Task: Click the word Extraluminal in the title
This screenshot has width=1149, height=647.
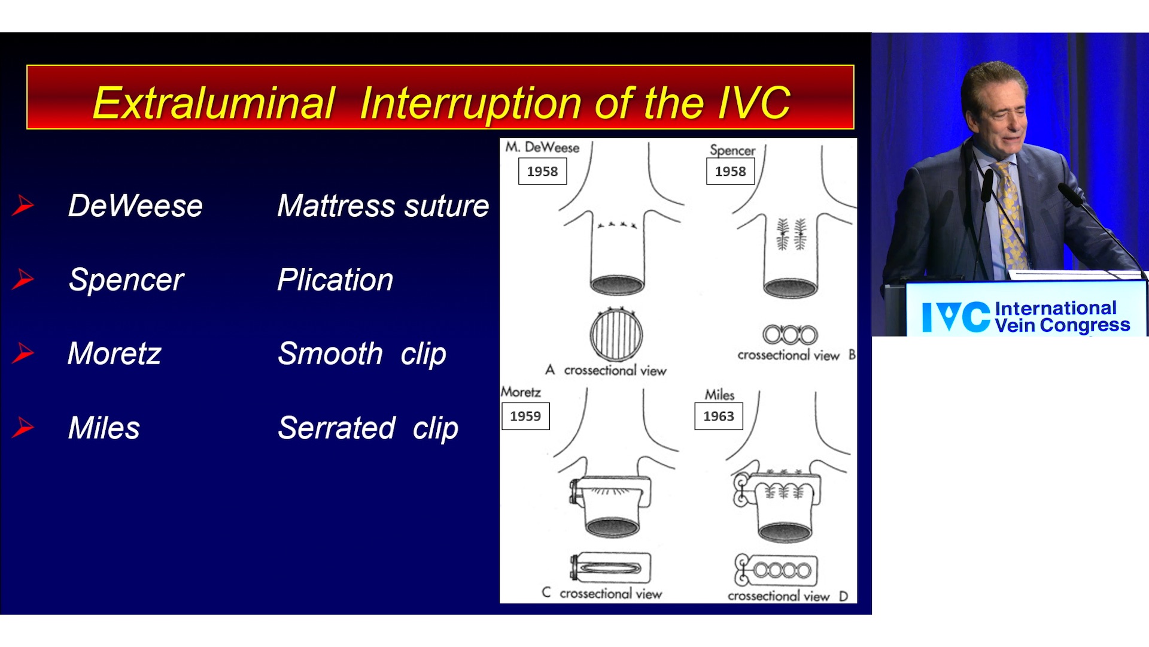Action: pos(214,103)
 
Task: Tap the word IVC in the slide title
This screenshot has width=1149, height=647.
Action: pos(754,103)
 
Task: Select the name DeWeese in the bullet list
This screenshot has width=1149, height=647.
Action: pos(135,206)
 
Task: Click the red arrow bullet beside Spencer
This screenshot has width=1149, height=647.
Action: pos(23,279)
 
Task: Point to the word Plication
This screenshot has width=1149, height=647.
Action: pos(335,280)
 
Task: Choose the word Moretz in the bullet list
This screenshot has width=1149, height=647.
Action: pos(114,353)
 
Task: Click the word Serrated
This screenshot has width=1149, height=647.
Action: pos(336,428)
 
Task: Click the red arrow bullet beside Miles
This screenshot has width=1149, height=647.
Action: pos(23,427)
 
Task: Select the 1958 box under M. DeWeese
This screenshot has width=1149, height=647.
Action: pos(542,171)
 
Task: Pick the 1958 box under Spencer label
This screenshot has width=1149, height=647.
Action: pos(730,171)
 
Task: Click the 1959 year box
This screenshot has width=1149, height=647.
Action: pos(525,416)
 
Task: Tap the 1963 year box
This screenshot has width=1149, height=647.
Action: pos(718,416)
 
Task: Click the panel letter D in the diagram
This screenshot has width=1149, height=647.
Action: pos(843,596)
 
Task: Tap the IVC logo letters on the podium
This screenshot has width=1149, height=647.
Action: pos(956,317)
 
